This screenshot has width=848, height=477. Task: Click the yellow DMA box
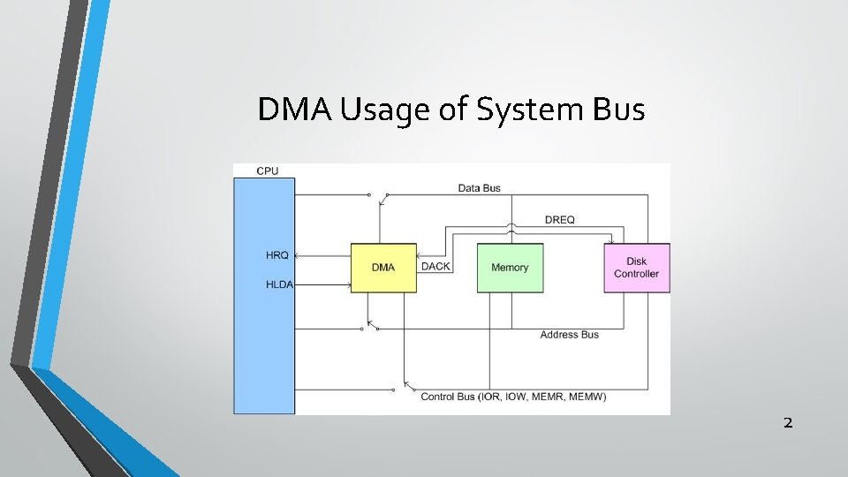point(383,268)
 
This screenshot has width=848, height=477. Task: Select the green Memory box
point(510,268)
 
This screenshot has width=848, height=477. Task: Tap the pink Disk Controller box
point(636,268)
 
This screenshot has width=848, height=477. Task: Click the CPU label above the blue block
point(267,170)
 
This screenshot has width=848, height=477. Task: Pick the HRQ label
point(276,256)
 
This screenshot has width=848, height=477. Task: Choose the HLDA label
point(279,284)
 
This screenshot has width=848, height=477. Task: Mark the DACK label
point(435,267)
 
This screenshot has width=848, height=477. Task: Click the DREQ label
point(560,220)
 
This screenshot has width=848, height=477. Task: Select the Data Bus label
point(479,188)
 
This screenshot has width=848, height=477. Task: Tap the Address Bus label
point(569,335)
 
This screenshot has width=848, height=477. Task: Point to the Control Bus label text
point(513,397)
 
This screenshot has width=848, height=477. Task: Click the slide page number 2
point(788,423)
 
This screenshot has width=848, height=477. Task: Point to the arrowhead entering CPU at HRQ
point(298,256)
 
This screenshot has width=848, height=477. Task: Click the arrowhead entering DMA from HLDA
point(349,284)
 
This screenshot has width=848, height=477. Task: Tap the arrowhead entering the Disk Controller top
point(610,241)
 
